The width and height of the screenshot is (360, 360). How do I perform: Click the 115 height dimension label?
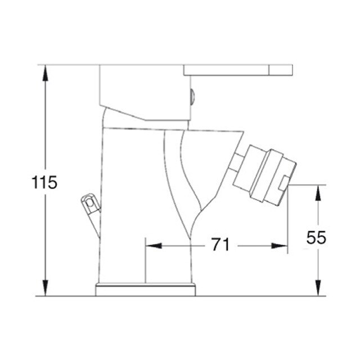pos(44,182)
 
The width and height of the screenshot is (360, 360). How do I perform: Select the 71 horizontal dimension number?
pos(220,245)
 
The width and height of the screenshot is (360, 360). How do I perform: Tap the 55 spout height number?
pos(316,237)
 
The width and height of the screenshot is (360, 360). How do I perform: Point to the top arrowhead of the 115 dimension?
pos(46,73)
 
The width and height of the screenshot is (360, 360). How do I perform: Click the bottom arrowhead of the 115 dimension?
pos(46,288)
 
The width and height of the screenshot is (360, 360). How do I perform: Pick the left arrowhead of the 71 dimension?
pos(154,246)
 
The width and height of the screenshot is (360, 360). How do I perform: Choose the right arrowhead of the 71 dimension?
pos(280,246)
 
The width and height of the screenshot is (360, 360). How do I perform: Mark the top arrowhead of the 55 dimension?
pos(318,193)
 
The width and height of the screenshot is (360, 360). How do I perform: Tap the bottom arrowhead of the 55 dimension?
pos(318,288)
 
